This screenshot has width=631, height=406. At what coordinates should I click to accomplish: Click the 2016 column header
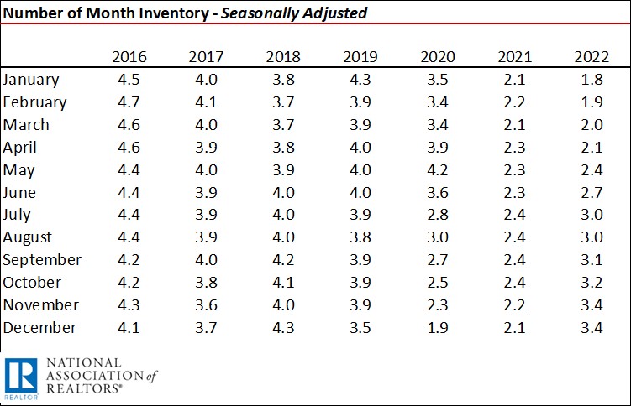(129, 57)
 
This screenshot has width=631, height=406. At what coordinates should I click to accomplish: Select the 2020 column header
(437, 57)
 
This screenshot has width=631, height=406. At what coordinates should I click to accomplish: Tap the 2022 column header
(591, 57)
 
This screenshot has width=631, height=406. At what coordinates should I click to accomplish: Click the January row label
(31, 80)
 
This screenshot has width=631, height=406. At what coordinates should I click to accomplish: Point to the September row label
(42, 260)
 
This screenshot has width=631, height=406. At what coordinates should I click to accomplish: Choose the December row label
(39, 328)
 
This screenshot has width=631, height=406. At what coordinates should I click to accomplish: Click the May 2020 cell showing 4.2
(437, 170)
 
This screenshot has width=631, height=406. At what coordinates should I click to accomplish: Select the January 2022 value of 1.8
(591, 80)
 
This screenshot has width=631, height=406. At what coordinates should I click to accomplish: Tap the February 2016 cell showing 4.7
(129, 102)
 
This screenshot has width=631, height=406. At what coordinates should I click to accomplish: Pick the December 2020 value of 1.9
(437, 328)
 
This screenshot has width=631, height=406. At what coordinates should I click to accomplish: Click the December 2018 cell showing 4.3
(283, 328)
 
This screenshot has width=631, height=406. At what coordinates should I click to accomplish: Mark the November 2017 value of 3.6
(206, 305)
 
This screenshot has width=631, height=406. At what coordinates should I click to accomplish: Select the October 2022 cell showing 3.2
(591, 283)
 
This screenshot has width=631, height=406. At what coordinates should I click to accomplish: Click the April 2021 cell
(514, 148)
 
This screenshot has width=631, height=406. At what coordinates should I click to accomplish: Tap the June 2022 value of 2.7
(591, 193)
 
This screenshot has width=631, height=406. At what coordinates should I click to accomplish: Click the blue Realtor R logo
(19, 377)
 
